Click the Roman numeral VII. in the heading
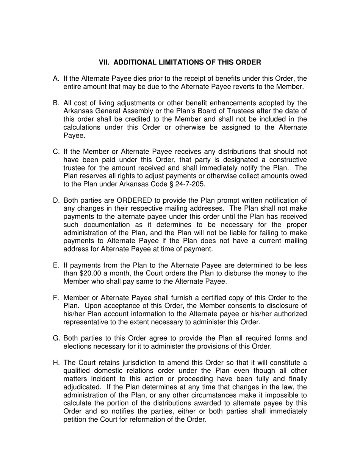pos(105,62)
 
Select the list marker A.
pos(56,79)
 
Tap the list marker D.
pos(56,200)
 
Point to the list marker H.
pos(56,363)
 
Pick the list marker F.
pos(56,298)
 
